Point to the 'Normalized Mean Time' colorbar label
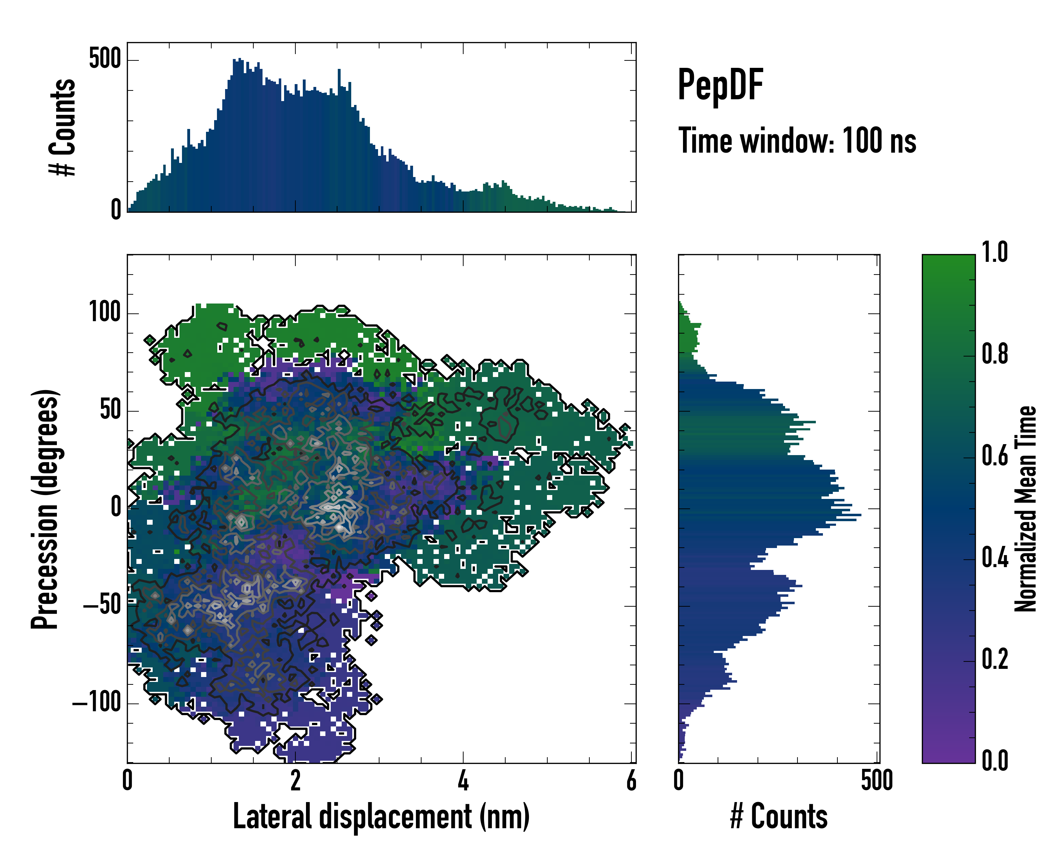pos(1026,509)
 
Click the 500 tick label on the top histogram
pos(105,59)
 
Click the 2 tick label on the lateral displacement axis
pos(295,781)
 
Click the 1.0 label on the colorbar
pos(995,253)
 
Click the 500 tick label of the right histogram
pos(877,781)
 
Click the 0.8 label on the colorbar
pos(995,354)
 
